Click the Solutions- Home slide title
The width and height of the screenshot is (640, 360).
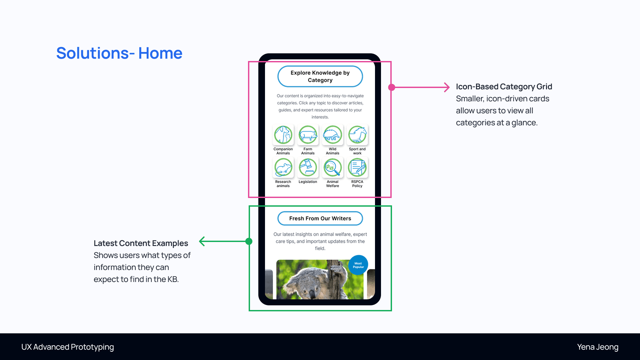coord(119,53)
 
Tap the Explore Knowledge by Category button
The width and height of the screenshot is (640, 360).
coord(320,76)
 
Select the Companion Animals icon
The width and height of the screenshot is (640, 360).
coord(283,135)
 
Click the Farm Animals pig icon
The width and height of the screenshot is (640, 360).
coord(308,135)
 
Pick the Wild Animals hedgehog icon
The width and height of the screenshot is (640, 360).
coord(332,135)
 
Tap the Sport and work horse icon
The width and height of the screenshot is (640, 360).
coord(357,135)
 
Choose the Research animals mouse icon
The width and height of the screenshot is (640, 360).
coord(283,167)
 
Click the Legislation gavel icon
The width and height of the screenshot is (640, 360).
coord(308,167)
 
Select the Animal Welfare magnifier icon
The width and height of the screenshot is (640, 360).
coord(332,167)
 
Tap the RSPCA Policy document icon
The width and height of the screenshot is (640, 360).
coord(357,167)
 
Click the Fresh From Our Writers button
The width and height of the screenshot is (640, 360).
coord(320,218)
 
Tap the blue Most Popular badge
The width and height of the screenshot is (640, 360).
coord(358,265)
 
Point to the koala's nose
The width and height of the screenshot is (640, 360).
coord(312,293)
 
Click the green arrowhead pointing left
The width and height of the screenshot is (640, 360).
coord(201,241)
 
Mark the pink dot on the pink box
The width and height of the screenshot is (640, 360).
coord(392,87)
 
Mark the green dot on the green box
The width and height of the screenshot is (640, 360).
coord(249,241)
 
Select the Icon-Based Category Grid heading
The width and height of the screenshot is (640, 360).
coord(504,87)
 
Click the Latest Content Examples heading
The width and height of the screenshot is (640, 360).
coord(141,243)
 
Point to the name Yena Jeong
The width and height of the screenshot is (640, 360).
coord(597,347)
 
